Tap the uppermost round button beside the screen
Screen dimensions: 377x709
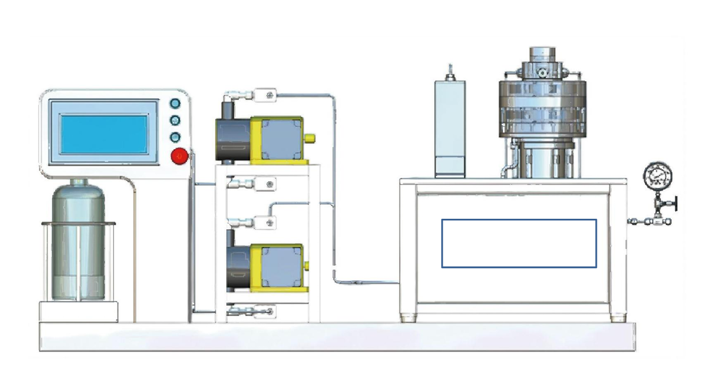(x=175, y=104)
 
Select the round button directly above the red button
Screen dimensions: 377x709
(x=175, y=138)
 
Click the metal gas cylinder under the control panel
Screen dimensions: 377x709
(x=78, y=242)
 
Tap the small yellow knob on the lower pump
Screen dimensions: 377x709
(x=310, y=265)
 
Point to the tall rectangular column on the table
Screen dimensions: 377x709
(x=450, y=127)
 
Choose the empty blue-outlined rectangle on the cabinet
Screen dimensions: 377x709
(x=519, y=243)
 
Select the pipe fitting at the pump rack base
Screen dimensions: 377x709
(x=250, y=312)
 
